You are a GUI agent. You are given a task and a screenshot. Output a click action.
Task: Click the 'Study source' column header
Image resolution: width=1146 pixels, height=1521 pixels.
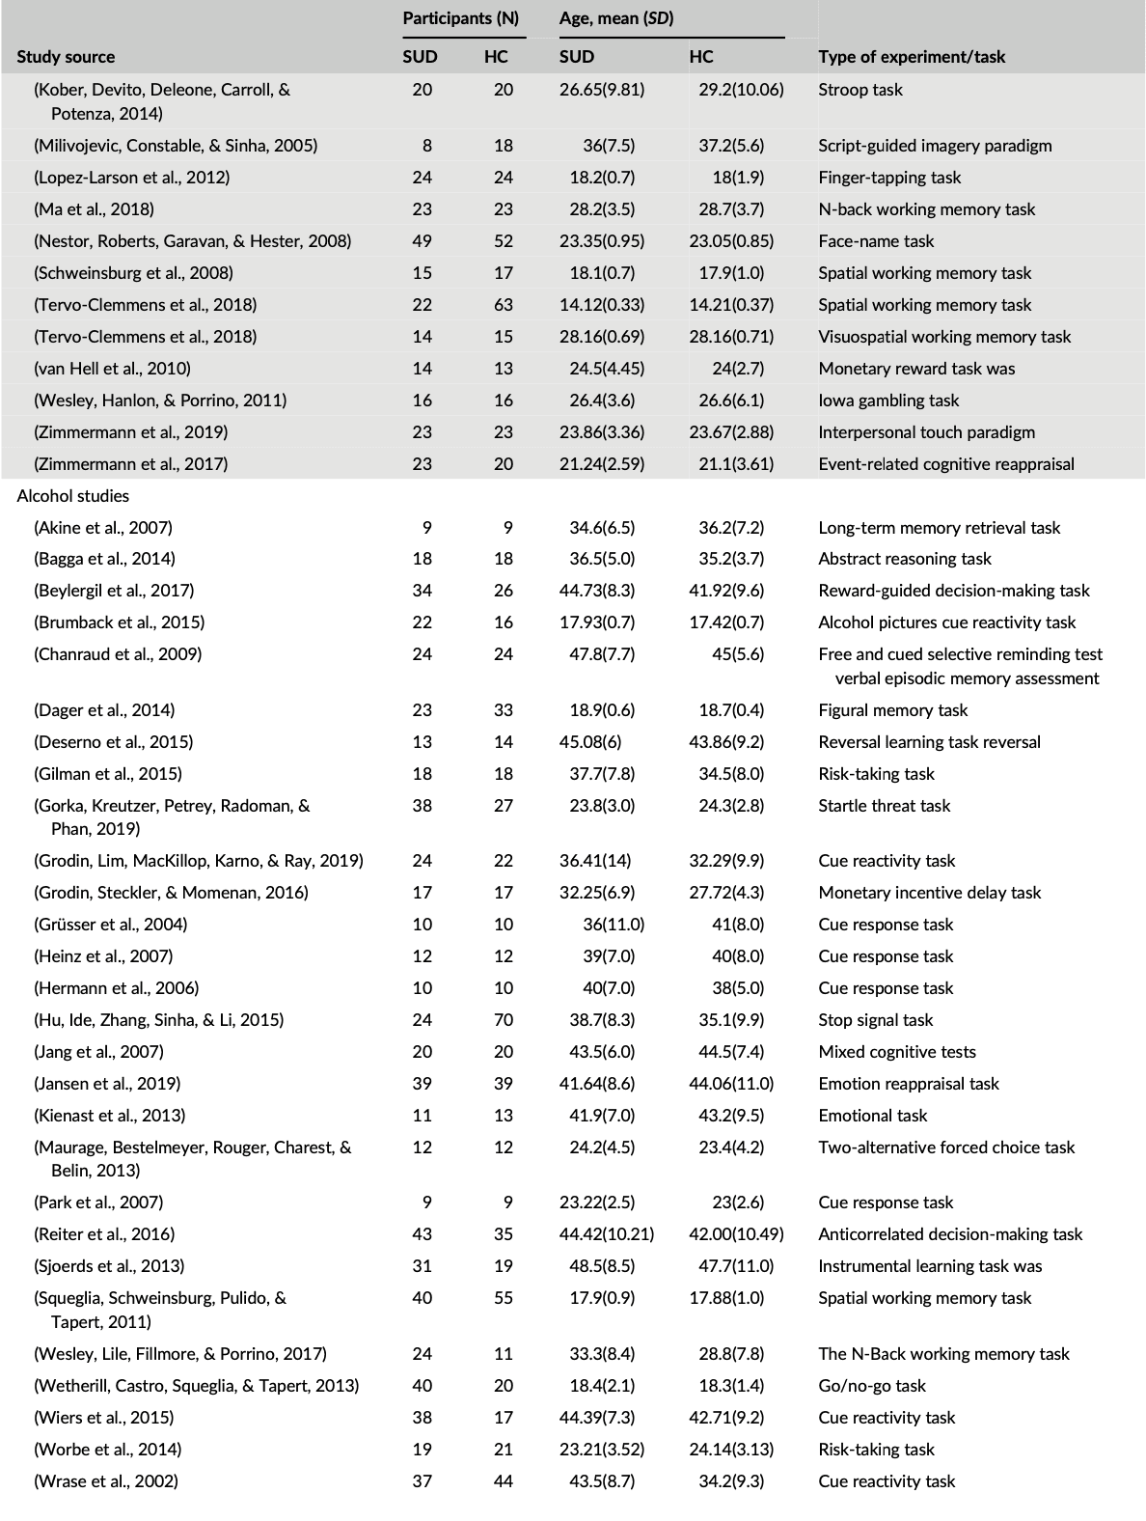click(x=66, y=57)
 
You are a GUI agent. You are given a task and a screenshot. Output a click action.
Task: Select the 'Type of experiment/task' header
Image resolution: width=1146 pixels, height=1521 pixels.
click(x=911, y=57)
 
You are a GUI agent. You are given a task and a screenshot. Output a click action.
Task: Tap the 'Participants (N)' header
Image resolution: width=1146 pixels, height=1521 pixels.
click(x=460, y=19)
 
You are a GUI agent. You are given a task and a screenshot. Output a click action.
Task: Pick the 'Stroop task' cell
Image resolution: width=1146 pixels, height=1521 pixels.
click(x=860, y=90)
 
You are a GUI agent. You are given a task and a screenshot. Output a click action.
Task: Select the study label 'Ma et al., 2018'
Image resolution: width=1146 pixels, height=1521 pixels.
click(x=95, y=209)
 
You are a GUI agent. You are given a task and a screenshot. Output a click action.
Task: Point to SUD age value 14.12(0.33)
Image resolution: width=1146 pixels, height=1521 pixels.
click(x=602, y=305)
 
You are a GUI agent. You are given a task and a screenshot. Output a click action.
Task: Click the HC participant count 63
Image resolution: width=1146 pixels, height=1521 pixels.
click(x=498, y=305)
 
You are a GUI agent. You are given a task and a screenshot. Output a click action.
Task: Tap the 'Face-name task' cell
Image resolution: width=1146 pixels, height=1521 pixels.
click(x=876, y=241)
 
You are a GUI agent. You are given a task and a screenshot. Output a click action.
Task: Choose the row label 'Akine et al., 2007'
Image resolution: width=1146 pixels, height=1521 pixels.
click(x=104, y=528)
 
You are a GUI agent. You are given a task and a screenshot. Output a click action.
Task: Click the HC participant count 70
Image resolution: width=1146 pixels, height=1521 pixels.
click(x=498, y=1020)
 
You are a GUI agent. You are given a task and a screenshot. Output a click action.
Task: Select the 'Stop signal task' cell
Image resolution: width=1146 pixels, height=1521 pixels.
click(x=876, y=1020)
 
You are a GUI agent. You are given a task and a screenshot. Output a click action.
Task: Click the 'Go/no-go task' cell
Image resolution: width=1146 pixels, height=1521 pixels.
click(x=872, y=1386)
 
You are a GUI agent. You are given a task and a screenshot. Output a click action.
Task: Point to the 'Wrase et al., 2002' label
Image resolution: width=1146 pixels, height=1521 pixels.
click(x=106, y=1481)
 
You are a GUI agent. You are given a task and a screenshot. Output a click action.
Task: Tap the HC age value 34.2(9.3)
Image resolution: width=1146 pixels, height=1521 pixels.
click(x=731, y=1481)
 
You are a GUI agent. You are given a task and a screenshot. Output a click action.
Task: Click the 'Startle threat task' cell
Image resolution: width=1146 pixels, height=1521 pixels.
click(x=884, y=806)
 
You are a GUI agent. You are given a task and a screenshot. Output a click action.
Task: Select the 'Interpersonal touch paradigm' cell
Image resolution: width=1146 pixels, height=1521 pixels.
click(x=926, y=432)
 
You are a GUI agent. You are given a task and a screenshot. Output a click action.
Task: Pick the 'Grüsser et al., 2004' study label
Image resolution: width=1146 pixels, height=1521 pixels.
click(x=111, y=925)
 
